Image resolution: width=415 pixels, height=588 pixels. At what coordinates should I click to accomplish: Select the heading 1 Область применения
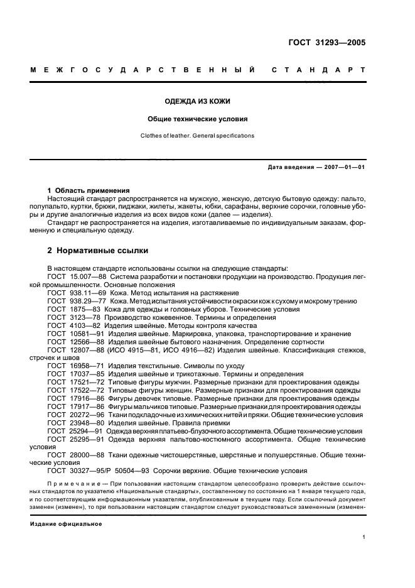click(x=89, y=190)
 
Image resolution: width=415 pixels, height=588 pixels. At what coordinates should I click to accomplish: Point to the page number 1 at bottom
click(x=364, y=537)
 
